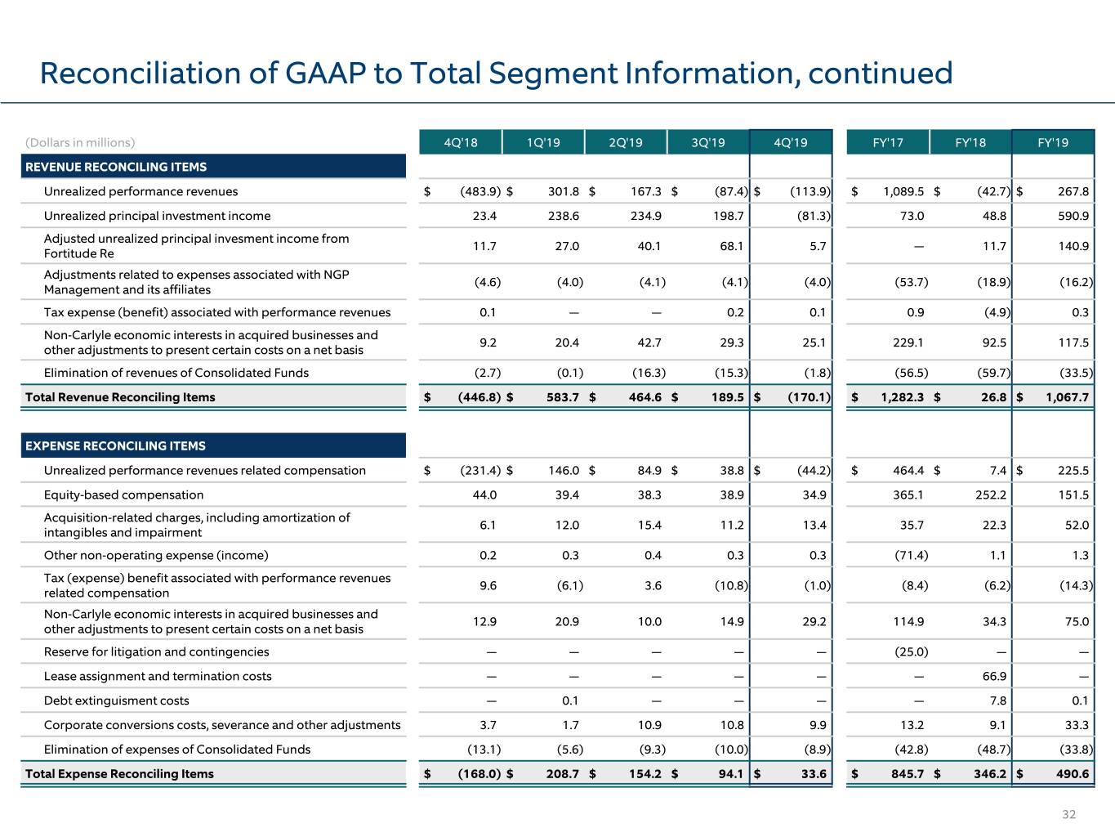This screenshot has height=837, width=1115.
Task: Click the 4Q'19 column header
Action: (x=791, y=142)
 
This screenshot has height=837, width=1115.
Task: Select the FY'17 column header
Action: (x=887, y=142)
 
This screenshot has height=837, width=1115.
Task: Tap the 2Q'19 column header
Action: (x=626, y=142)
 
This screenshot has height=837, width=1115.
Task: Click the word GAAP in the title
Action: (x=325, y=73)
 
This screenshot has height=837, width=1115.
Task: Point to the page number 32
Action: (x=1068, y=814)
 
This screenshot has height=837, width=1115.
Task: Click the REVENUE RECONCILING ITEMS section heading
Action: (x=116, y=167)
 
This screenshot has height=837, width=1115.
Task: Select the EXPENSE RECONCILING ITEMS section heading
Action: (x=115, y=445)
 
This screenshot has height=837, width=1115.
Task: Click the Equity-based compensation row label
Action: (x=123, y=495)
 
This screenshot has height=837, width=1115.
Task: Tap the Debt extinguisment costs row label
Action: (x=116, y=700)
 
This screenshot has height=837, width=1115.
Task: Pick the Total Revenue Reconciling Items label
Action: (x=120, y=397)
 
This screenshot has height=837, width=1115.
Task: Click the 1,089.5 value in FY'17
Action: (x=903, y=191)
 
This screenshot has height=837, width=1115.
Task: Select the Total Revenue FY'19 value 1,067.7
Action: (x=1068, y=397)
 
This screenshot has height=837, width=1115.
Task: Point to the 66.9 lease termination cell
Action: (x=994, y=676)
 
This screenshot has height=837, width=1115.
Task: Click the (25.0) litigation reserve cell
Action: (x=912, y=651)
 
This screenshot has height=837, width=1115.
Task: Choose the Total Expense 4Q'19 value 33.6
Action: (x=814, y=773)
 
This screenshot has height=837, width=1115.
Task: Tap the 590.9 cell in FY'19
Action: (x=1073, y=216)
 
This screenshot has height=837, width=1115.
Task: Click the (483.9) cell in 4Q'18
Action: (x=480, y=191)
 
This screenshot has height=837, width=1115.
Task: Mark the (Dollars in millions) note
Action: (x=80, y=142)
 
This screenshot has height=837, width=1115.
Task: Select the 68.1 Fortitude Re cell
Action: (x=731, y=246)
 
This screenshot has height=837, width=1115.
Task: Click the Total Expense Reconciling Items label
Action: (x=119, y=773)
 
